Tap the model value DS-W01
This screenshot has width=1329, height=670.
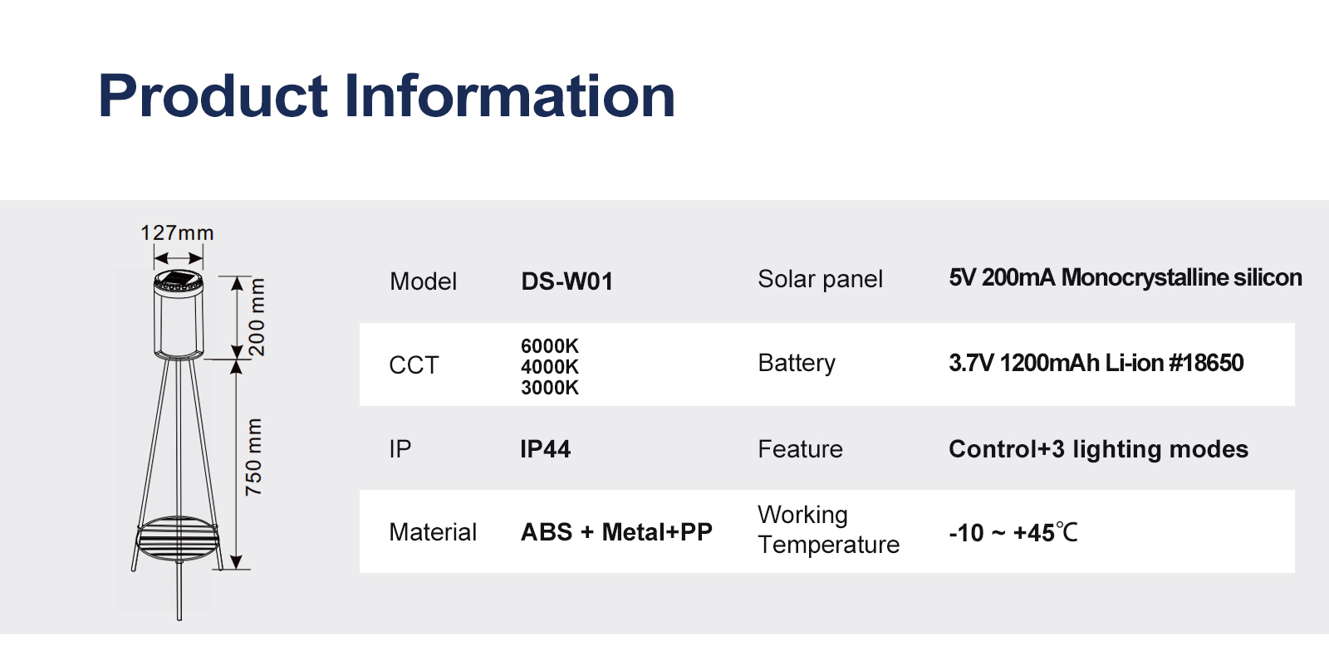tap(566, 281)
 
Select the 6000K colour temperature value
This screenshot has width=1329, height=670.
tap(549, 345)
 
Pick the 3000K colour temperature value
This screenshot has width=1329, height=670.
tap(549, 387)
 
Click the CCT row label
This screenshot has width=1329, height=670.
tap(414, 365)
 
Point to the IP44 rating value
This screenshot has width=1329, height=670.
tap(545, 449)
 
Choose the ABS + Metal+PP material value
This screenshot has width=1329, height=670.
tap(615, 532)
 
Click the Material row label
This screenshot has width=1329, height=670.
tap(433, 532)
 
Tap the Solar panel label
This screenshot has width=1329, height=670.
tap(820, 279)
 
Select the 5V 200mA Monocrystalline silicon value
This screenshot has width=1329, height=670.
tap(1125, 277)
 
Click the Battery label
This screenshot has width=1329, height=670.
tap(797, 363)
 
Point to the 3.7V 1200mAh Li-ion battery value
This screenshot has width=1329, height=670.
tap(1096, 363)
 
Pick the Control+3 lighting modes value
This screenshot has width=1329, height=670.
tap(1098, 449)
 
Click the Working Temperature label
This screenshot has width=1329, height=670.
tap(828, 530)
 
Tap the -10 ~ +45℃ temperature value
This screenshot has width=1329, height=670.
tap(1013, 532)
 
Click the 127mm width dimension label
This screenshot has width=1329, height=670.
tap(177, 233)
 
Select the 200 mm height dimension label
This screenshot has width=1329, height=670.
tap(256, 316)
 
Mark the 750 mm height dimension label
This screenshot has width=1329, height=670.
tap(253, 457)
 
